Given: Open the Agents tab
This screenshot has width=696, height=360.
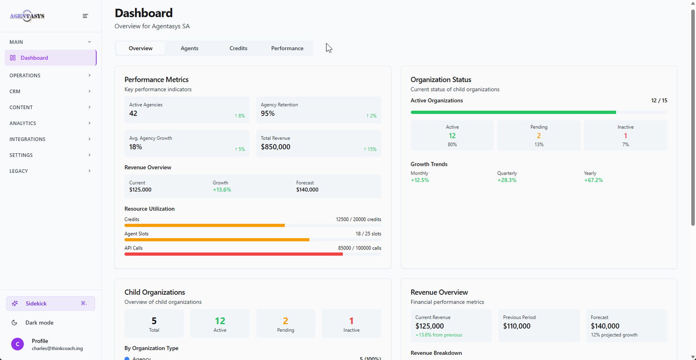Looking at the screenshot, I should pos(189,48).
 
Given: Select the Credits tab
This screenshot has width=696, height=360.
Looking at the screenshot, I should pos(238,48).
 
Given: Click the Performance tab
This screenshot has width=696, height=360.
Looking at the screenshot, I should pos(287,48).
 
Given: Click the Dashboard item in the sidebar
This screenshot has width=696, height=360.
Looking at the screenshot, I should pos(34,58).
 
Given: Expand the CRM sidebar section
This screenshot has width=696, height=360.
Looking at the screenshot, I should pos(50,91).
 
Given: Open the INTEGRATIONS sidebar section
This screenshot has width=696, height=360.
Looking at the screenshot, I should pos(50,139).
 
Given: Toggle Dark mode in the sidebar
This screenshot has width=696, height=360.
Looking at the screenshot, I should pos(39,323).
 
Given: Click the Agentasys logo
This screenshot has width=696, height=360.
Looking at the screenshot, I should pos(27,16).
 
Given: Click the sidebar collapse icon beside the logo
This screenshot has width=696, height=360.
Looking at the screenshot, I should pos(85,16).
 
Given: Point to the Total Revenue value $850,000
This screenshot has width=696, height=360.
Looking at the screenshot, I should pos(275,147).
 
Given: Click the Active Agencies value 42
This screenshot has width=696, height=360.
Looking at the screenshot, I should pos(133,114).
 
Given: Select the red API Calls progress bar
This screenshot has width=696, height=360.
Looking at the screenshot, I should pos(234,254).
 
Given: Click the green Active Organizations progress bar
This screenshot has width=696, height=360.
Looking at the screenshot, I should pos(513,112).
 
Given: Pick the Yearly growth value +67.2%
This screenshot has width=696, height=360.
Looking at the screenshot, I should pos(593,180).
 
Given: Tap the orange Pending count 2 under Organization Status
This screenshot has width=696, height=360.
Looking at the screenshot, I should pos(539,136).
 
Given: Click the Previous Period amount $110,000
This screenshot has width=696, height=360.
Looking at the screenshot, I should pos(517,326).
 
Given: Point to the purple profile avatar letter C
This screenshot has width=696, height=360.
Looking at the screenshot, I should pos(17,344).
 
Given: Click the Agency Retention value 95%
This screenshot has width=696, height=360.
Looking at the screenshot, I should pos(268,114).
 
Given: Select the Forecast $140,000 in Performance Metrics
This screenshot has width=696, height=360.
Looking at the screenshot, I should pos(307,190).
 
